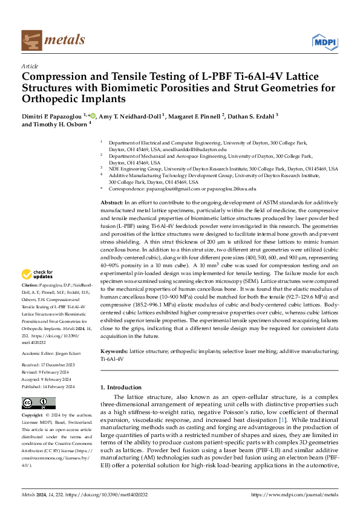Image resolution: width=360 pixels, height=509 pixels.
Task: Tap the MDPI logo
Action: pyautogui.click(x=324, y=41)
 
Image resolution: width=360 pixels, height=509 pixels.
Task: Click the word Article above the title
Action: pyautogui.click(x=30, y=66)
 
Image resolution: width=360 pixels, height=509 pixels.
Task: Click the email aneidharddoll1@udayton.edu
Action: pyautogui.click(x=197, y=149)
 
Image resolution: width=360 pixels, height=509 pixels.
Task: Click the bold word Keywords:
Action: pyautogui.click(x=114, y=351)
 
